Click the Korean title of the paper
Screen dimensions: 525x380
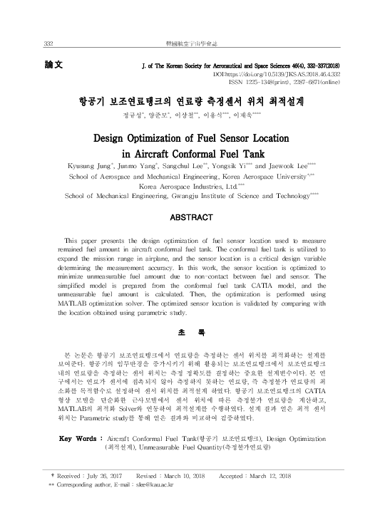pyautogui.click(x=189, y=100)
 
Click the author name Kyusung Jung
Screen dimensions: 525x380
pyautogui.click(x=89, y=164)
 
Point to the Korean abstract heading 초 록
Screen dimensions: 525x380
pyautogui.click(x=190, y=332)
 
